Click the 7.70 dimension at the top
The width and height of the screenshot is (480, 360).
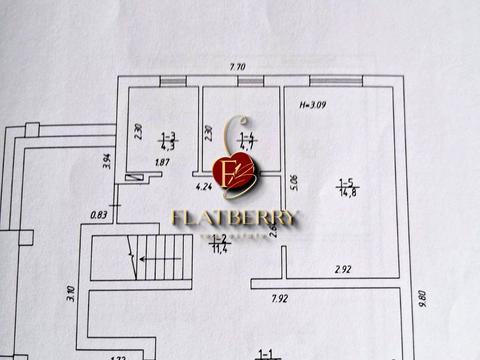tap(237, 66)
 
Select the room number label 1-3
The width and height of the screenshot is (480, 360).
tap(169, 137)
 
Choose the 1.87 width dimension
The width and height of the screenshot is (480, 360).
tap(162, 162)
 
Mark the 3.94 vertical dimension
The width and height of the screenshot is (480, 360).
tap(106, 160)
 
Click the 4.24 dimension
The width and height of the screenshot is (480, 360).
tap(204, 185)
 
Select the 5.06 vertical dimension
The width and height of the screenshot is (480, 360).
tap(293, 183)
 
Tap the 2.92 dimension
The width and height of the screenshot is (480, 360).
tap(342, 269)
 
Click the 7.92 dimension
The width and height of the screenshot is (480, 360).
tap(279, 297)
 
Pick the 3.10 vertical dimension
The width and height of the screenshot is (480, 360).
tap(71, 293)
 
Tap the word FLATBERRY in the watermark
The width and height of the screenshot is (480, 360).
tap(235, 218)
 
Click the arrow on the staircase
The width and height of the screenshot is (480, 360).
tap(160, 258)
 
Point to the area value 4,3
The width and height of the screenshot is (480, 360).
tap(169, 146)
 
